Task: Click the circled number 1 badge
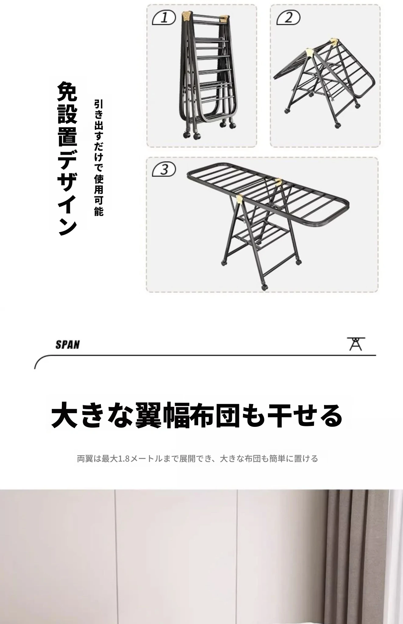click(164, 18)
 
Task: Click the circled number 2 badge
click(288, 18)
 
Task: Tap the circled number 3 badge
click(164, 170)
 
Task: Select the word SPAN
click(67, 345)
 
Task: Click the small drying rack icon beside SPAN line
click(355, 344)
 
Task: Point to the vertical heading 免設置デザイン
click(67, 158)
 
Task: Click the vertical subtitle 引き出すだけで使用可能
click(99, 158)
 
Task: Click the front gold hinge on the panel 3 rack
click(241, 200)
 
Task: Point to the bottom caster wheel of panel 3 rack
click(264, 287)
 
